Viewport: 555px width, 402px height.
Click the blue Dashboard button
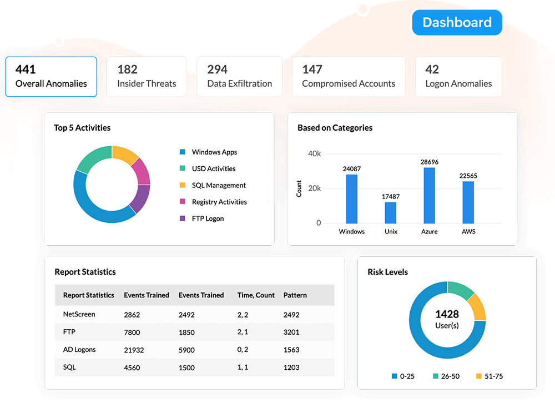(457, 22)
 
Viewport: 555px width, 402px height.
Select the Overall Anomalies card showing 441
(51, 77)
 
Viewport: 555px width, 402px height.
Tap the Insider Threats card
(147, 77)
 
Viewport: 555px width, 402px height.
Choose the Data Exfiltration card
(239, 77)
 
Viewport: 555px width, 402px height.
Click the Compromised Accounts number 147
(312, 70)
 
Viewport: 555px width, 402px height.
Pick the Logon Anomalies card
(458, 77)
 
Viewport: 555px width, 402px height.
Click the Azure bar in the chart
(429, 195)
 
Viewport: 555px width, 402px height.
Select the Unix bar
(391, 212)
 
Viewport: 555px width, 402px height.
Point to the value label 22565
(468, 176)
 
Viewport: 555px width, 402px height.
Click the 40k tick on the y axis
(315, 153)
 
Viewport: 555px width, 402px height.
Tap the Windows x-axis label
(351, 231)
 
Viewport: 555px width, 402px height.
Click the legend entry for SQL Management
(219, 185)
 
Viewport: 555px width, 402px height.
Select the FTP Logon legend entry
(208, 219)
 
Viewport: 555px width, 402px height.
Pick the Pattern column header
(295, 295)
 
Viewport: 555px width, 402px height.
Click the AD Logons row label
(79, 350)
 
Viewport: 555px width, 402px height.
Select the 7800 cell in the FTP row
(132, 332)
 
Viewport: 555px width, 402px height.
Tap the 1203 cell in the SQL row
(291, 368)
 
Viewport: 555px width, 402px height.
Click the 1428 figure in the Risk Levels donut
(447, 314)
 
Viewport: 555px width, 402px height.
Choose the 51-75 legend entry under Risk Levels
(490, 376)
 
